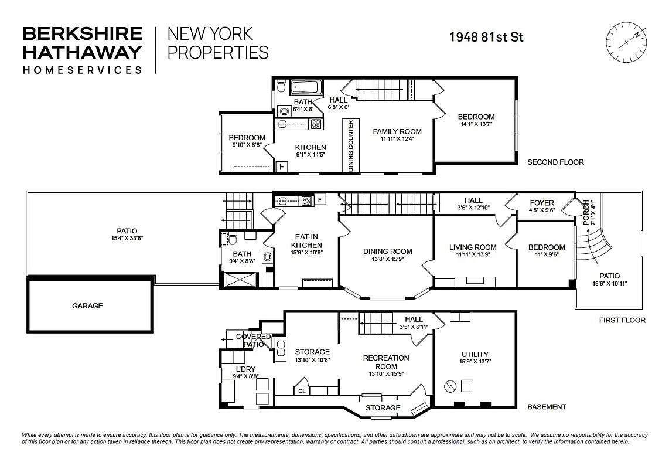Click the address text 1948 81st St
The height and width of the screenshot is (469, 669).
pos(486,37)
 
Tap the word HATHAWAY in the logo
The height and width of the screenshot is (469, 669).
pos(81,52)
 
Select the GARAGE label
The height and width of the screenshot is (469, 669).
pos(87,305)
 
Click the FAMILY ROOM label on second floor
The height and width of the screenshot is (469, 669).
pos(397,131)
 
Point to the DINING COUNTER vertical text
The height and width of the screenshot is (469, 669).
pos(351,146)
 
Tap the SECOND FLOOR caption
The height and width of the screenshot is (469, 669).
pos(555,162)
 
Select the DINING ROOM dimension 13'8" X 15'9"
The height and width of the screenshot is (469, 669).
pos(387,259)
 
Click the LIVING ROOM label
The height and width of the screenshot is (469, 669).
pos(473,247)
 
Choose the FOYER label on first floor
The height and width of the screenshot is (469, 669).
pos(541,203)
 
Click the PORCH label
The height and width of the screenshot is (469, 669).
pos(585,212)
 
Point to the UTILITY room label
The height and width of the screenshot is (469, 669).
pos(475,354)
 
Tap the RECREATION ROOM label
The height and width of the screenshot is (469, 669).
pos(386,362)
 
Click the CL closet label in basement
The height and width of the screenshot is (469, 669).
pos(302,390)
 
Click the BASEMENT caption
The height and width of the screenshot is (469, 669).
pos(547,407)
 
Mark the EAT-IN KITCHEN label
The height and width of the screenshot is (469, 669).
pos(306,241)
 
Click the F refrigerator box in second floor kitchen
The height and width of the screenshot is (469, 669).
pos(281,166)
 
